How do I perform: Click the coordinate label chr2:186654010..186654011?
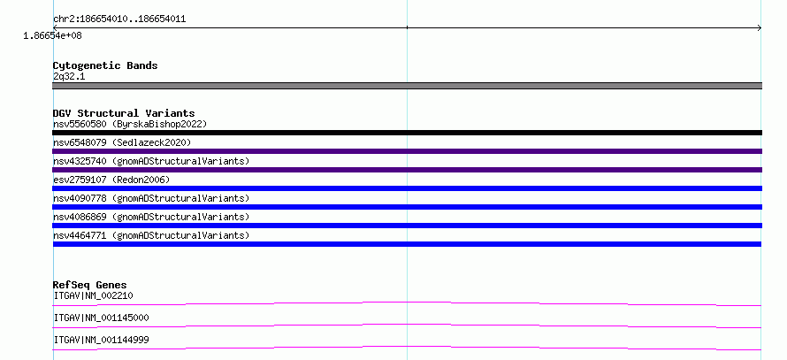point(119,19)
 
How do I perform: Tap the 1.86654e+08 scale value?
point(53,36)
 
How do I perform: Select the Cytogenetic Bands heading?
point(105,65)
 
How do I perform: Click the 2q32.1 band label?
point(69,77)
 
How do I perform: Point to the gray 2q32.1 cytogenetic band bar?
point(407,86)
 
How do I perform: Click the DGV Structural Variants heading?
point(124,113)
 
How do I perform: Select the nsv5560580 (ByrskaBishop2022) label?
point(130,124)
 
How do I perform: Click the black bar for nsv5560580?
point(407,133)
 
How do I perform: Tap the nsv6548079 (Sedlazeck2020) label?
point(122,142)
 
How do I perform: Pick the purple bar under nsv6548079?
point(407,151)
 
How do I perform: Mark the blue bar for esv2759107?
point(407,188)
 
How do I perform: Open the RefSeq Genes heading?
point(90,285)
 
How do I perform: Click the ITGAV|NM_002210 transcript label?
point(94,295)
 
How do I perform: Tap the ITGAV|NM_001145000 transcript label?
point(102,318)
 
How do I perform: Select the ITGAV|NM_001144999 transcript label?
point(102,341)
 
